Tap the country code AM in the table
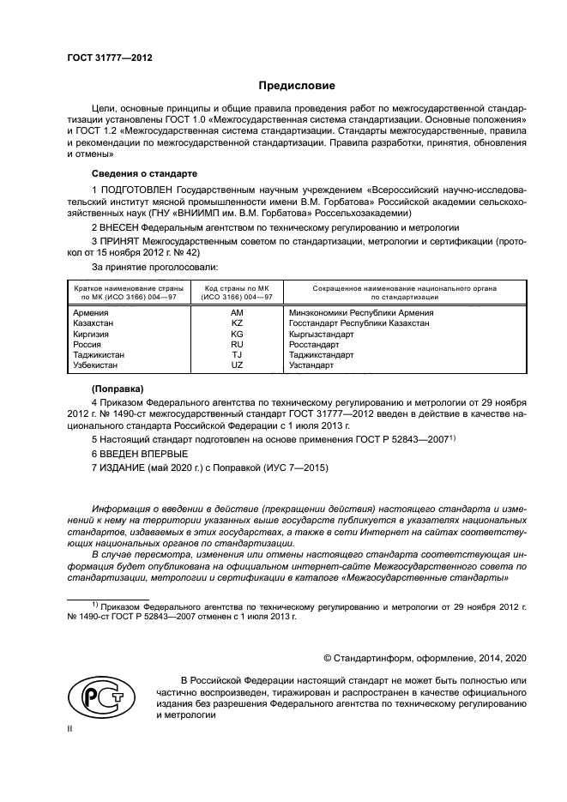point(238,313)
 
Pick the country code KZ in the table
point(238,323)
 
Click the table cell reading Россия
point(90,344)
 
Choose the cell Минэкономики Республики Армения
point(361,313)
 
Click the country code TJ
point(238,354)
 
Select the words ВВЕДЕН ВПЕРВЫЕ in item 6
point(143,452)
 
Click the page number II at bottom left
point(70,726)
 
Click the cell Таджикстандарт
point(322,354)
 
